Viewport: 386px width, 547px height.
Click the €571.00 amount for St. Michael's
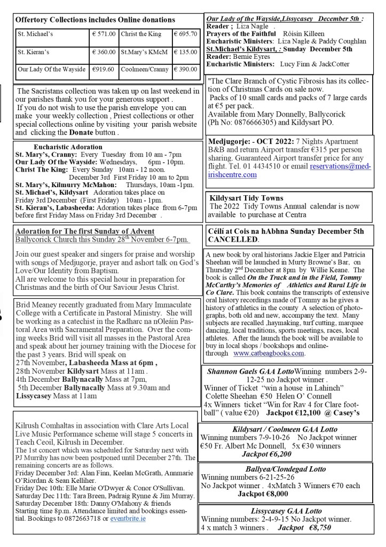(104, 34)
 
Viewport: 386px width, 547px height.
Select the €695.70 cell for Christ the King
(185, 34)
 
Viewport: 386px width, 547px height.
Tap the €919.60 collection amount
(103, 69)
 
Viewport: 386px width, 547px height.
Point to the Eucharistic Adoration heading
(68, 146)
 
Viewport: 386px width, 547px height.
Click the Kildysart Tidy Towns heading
(247, 198)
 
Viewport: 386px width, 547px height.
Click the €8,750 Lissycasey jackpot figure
(318, 527)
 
